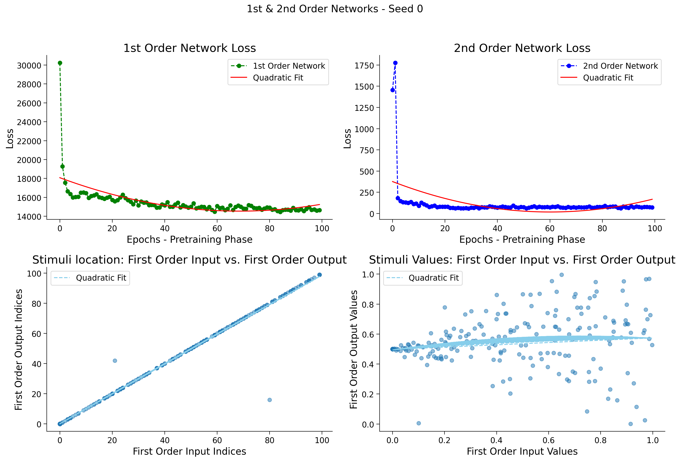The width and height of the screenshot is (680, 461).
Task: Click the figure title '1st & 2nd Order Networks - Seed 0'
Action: [335, 9]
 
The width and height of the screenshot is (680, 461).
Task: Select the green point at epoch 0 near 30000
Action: [60, 63]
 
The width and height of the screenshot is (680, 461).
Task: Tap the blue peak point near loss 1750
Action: [395, 63]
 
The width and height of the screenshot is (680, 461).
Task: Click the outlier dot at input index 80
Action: [270, 400]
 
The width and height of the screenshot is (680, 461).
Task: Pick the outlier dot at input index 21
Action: [115, 361]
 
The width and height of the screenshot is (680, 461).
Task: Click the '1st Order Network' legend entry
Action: [278, 66]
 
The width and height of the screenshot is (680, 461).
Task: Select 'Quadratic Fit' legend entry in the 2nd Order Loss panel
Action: [597, 78]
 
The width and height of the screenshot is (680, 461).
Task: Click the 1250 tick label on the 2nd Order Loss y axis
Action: [364, 108]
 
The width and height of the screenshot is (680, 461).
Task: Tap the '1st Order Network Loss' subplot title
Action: [190, 48]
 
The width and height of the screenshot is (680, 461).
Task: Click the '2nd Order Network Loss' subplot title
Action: [522, 48]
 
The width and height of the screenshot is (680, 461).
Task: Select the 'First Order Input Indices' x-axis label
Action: [190, 451]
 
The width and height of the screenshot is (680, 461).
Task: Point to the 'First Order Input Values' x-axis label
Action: [522, 451]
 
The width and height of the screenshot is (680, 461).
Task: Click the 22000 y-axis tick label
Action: [29, 141]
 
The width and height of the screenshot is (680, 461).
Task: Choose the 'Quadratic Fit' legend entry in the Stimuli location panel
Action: [90, 278]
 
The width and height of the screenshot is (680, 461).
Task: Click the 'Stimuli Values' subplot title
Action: [522, 260]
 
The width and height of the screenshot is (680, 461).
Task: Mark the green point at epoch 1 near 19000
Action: [62, 167]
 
